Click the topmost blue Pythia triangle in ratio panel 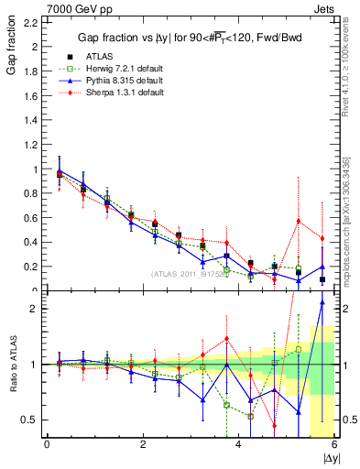click(x=322, y=302)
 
